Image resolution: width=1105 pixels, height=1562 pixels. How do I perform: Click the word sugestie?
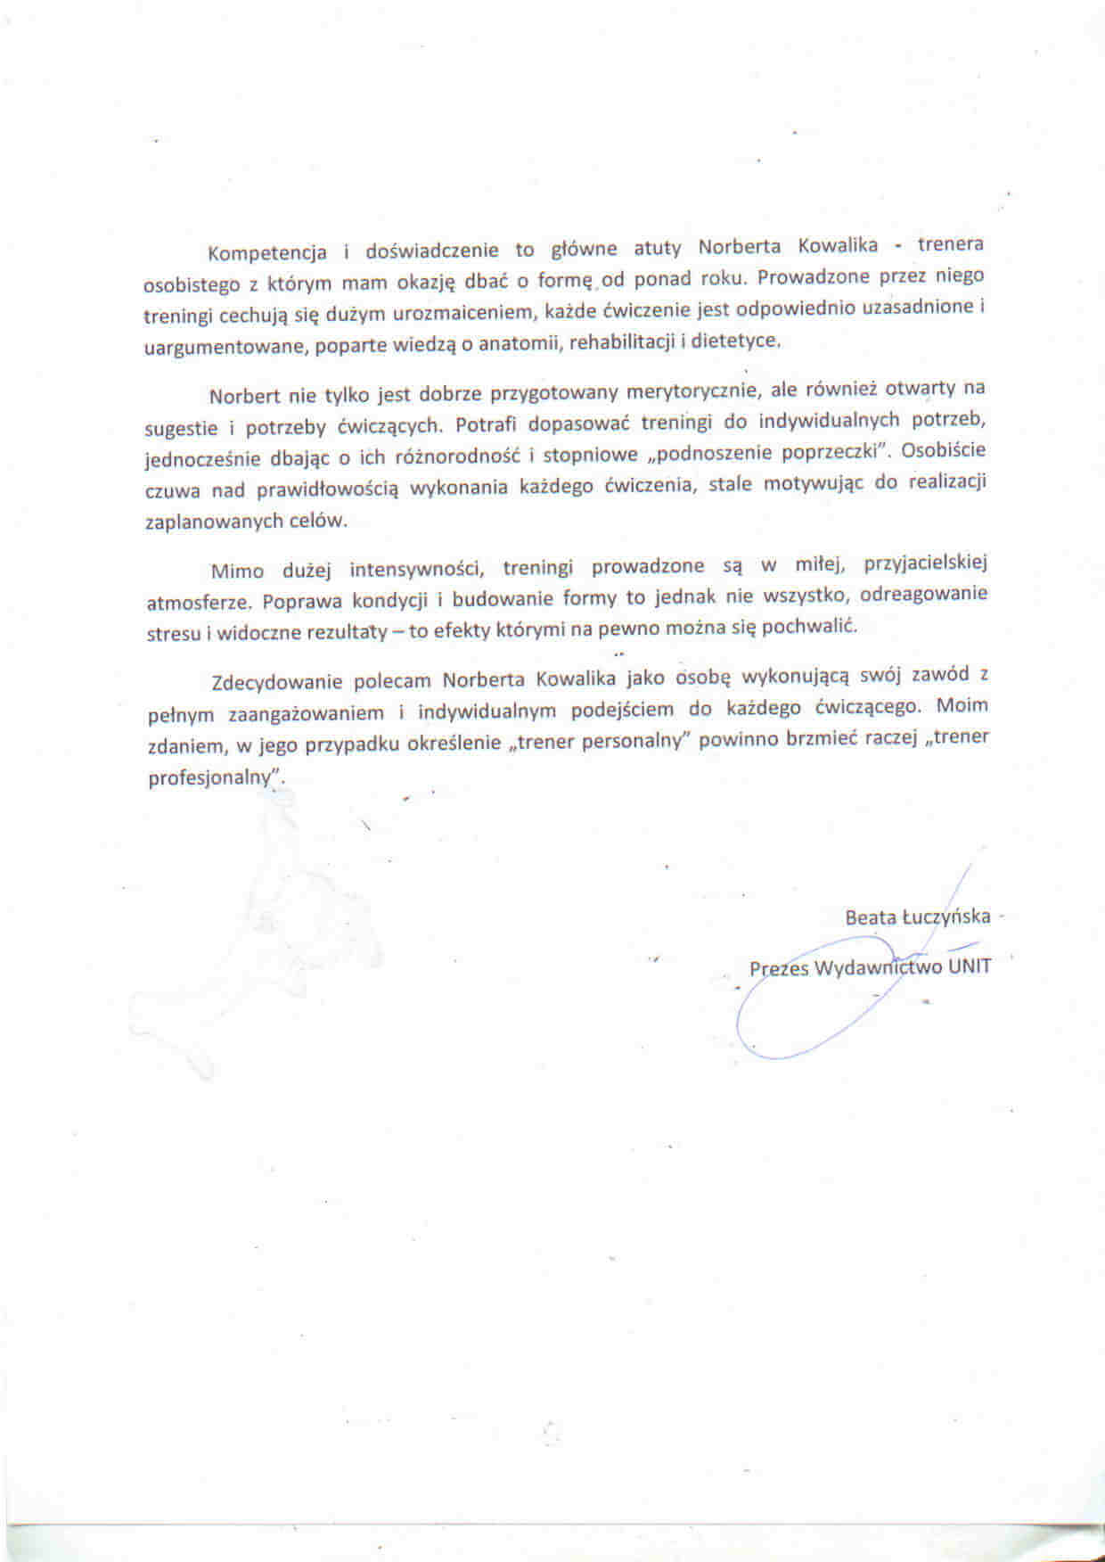coord(181,428)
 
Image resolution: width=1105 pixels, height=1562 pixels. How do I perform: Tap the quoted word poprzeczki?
coord(836,452)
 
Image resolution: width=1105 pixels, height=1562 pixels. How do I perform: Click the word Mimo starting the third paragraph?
coord(237,571)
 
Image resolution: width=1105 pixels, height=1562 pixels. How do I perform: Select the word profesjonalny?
coord(213,777)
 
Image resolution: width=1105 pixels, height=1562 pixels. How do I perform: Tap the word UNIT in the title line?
coord(970,966)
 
